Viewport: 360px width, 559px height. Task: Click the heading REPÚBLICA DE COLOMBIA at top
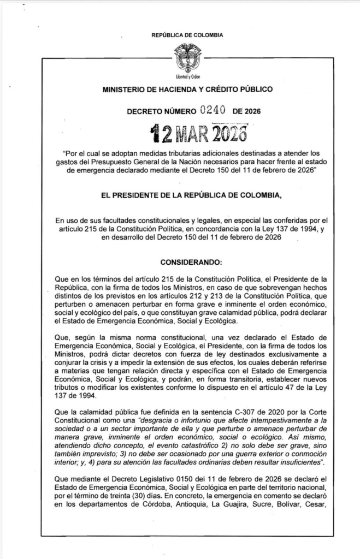coord(187,35)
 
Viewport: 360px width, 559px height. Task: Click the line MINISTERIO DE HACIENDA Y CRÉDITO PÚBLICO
coord(187,88)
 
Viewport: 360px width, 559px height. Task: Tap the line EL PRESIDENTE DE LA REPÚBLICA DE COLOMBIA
coord(187,194)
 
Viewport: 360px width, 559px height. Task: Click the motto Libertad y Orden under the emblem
coord(187,76)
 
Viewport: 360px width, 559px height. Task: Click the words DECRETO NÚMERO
coord(161,111)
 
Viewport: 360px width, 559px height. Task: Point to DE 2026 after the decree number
coord(246,111)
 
